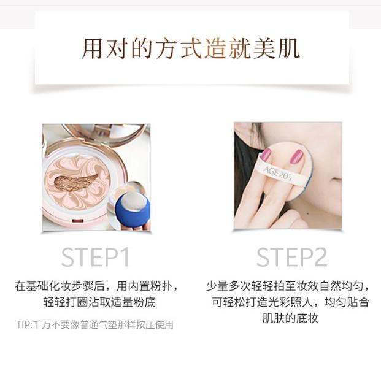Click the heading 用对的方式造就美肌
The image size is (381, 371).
coord(191,48)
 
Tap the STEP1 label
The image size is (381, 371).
coord(95,257)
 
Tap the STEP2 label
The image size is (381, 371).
coord(291,257)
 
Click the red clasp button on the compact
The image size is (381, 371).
coord(78,221)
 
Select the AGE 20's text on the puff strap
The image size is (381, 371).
coord(277,173)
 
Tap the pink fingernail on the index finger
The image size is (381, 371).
coord(266,154)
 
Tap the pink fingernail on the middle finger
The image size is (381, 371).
coord(296,157)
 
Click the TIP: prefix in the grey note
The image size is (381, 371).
coord(25,324)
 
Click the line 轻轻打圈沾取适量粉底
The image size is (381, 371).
coord(99,302)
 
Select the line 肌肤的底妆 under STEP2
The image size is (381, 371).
coord(290,318)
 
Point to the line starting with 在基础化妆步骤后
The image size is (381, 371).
coord(97,286)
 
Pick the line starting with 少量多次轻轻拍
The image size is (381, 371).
coord(288,286)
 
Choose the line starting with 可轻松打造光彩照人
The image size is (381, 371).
coord(290,302)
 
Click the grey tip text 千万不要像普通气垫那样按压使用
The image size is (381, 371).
coord(103,324)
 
